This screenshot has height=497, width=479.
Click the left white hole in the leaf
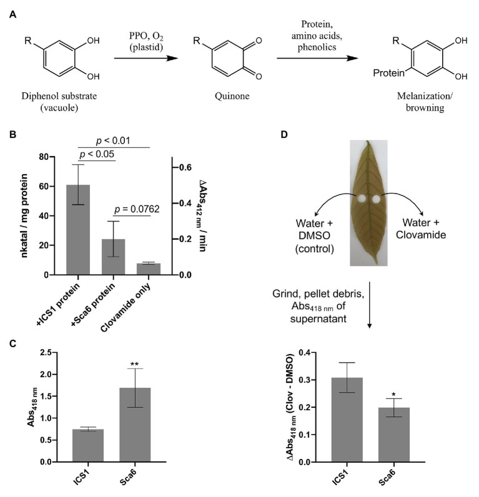(360, 199)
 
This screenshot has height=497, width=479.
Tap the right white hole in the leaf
(376, 199)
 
